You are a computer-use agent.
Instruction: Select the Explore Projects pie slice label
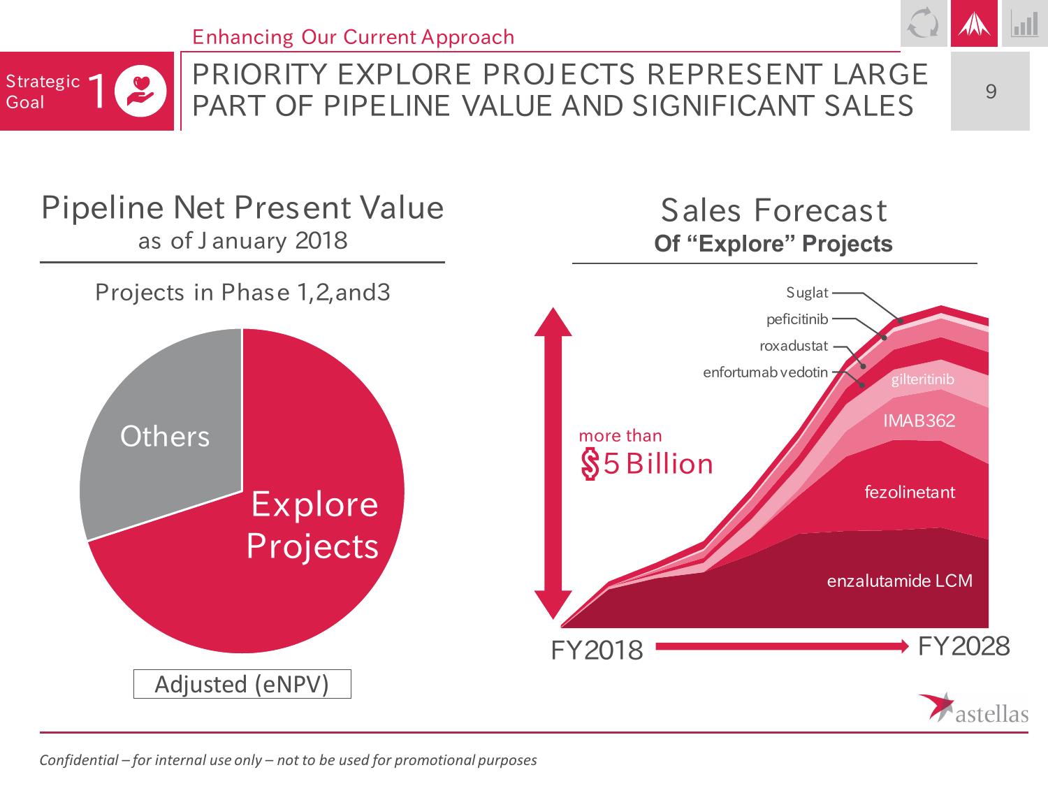[x=313, y=525]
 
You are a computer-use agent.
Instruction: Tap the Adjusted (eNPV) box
[x=242, y=684]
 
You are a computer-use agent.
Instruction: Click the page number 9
[x=990, y=92]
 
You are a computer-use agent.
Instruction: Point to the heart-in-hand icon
[x=141, y=92]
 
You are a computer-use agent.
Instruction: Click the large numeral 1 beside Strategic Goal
[x=98, y=92]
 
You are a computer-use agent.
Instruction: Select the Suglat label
[x=807, y=293]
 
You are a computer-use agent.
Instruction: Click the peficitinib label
[x=796, y=319]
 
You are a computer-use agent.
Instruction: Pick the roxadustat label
[x=793, y=346]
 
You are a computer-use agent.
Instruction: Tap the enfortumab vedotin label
[x=765, y=372]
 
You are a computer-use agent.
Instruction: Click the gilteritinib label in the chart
[x=922, y=379]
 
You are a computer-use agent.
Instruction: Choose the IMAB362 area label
[x=919, y=421]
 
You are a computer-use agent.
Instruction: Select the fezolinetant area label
[x=910, y=492]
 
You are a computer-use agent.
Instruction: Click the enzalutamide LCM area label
[x=899, y=581]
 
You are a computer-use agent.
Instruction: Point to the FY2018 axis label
[x=597, y=650]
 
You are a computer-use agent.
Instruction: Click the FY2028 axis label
[x=963, y=647]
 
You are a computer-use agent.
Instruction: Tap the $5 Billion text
[x=647, y=464]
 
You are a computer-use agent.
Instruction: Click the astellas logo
[x=973, y=707]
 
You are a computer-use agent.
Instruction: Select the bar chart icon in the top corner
[x=1024, y=24]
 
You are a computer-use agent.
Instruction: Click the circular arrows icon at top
[x=923, y=24]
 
